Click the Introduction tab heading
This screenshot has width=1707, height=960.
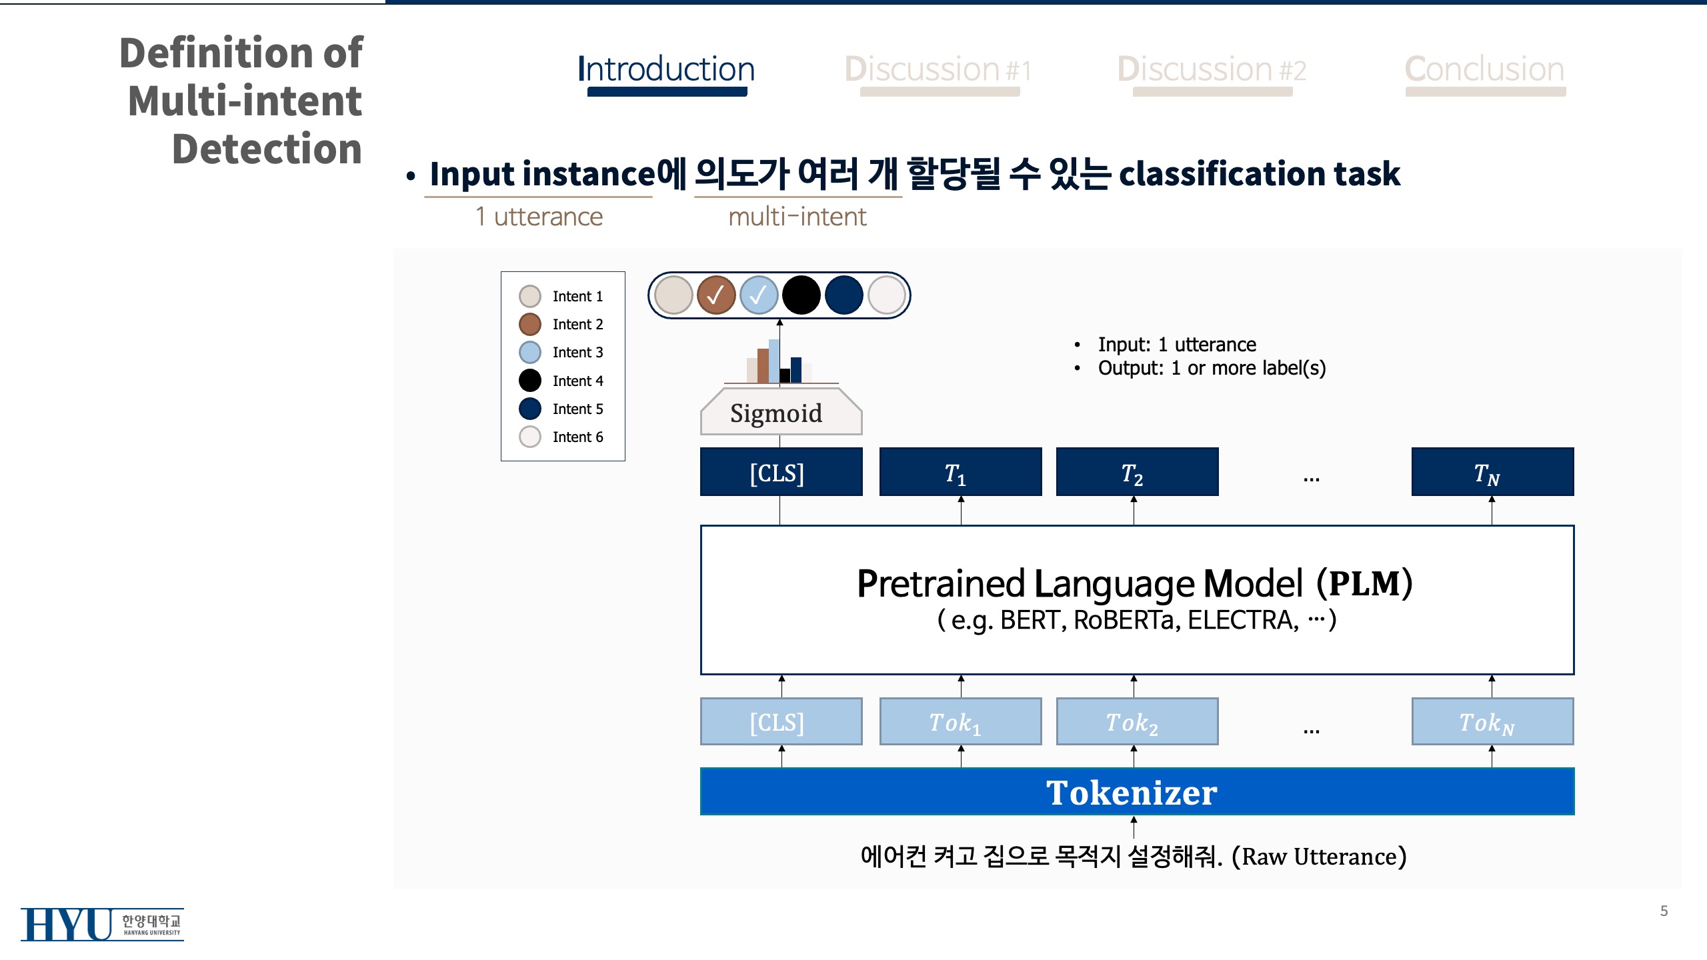coord(666,69)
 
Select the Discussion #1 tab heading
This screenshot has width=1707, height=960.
coord(938,69)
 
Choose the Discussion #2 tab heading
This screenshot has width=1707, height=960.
coord(1212,69)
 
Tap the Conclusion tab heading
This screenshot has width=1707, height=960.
coord(1485,69)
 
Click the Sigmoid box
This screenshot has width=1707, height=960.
coord(781,411)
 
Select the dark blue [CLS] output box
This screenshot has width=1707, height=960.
coord(781,472)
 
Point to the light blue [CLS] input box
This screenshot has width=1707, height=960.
coord(781,721)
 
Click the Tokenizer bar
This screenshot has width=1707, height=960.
coord(1137,791)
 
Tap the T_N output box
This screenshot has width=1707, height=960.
coord(1492,472)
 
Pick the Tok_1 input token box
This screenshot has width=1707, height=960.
coord(960,721)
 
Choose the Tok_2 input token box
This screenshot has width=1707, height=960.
coord(1137,721)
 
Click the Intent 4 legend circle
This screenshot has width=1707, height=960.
coord(530,381)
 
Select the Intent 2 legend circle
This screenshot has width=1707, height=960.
coord(530,325)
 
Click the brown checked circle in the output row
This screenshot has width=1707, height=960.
coord(716,295)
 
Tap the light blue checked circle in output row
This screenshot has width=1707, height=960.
coord(759,295)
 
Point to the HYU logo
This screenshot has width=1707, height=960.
coord(102,924)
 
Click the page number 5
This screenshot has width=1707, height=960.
coord(1664,911)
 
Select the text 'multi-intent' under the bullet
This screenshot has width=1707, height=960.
coord(797,217)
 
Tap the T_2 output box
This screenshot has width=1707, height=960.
coord(1137,472)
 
